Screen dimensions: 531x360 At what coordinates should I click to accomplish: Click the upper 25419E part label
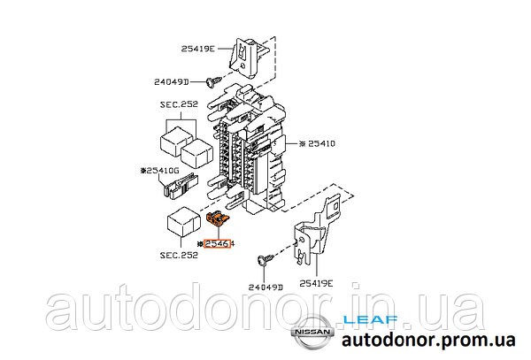[198, 49]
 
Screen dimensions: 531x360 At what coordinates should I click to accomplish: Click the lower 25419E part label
[316, 283]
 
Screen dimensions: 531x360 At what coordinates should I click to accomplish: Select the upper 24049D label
[171, 82]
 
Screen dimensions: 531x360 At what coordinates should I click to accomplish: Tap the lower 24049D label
[265, 287]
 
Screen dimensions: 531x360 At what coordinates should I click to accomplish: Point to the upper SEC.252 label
[179, 104]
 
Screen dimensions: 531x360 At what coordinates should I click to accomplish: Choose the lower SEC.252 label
[179, 255]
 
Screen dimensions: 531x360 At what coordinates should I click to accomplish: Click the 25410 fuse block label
[318, 144]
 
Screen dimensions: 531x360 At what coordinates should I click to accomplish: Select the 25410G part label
[159, 171]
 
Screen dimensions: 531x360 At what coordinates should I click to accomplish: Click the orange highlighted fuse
[218, 218]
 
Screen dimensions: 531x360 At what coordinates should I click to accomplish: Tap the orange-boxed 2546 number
[217, 243]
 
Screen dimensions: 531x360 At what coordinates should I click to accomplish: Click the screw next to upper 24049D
[213, 81]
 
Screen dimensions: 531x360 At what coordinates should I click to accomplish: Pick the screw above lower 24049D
[266, 260]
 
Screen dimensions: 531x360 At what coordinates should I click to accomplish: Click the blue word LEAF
[371, 319]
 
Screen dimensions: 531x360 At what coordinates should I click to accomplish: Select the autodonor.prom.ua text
[428, 340]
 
